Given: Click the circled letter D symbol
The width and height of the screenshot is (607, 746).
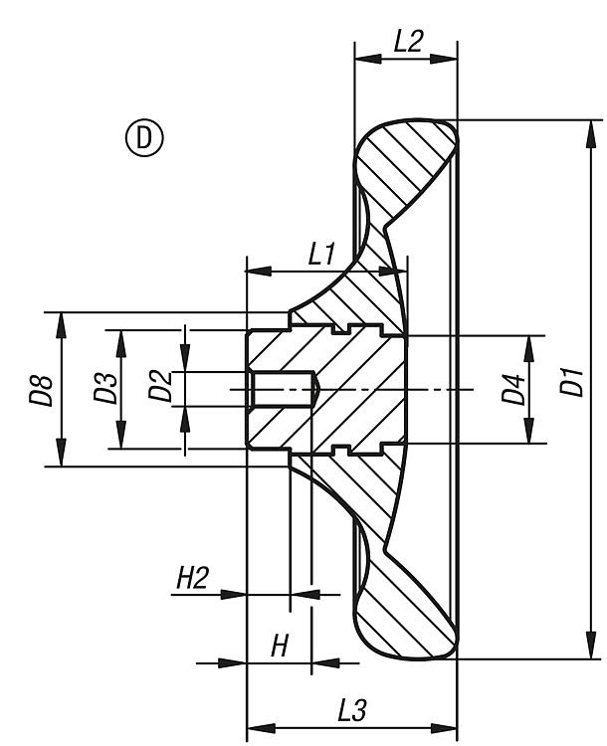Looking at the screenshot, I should tap(145, 138).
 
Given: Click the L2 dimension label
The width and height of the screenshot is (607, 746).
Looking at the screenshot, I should tap(408, 41).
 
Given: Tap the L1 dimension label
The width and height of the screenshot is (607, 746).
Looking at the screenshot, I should tap(320, 254).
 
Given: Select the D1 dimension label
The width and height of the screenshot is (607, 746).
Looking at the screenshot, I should tap(571, 383).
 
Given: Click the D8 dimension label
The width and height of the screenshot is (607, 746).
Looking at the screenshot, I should tap(41, 389).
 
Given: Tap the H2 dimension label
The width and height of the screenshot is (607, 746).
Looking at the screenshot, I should tap(191, 579).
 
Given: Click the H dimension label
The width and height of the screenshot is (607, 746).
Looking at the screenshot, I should tap(280, 647).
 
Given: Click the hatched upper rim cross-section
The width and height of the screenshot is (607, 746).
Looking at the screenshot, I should tap(403, 164).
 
